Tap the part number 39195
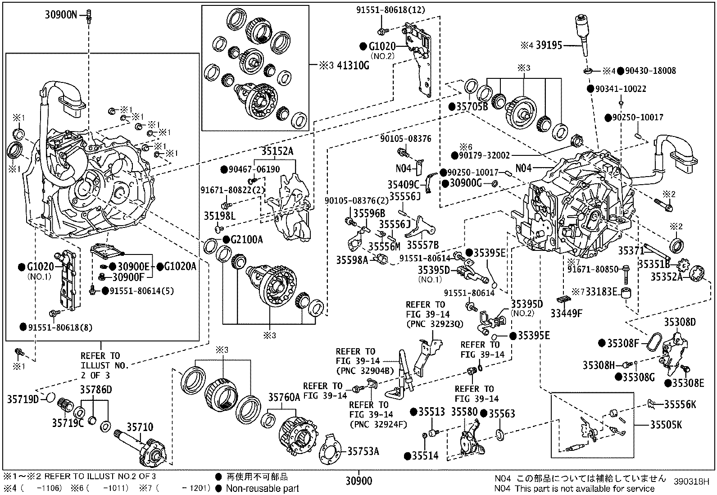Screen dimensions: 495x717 click(x=549, y=45)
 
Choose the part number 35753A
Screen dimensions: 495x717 click(x=363, y=451)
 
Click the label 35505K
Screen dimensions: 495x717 click(x=666, y=424)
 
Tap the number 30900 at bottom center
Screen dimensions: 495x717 click(x=359, y=481)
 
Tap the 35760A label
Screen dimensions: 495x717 click(x=284, y=398)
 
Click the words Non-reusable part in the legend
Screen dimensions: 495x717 click(x=262, y=488)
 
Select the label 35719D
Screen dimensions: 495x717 click(x=23, y=399)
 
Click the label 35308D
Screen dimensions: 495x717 click(x=680, y=322)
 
